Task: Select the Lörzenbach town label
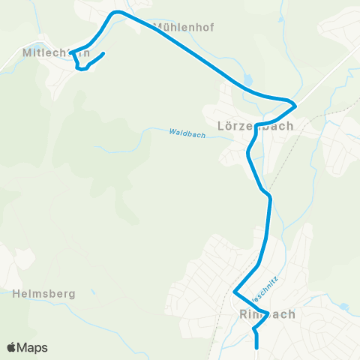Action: (254, 126)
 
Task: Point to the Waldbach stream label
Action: (187, 133)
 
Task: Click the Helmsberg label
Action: (44, 294)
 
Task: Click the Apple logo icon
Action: (12, 347)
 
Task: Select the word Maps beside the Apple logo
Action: (33, 347)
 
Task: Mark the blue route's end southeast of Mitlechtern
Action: (102, 53)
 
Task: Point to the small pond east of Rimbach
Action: (343, 307)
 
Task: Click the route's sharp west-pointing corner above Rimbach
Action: (235, 292)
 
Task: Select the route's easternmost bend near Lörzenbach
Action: (296, 103)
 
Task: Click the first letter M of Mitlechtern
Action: (28, 53)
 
